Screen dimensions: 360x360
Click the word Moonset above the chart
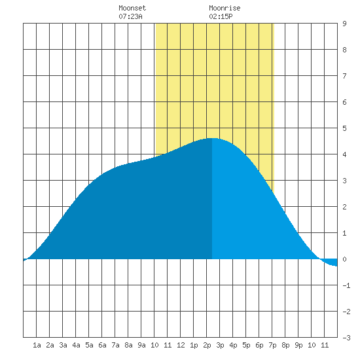132,8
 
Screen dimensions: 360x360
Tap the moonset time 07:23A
130,16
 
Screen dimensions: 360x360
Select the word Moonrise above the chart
225,8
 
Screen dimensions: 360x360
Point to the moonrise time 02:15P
221,16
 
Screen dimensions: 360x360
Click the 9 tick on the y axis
344,24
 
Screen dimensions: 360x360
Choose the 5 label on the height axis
344,128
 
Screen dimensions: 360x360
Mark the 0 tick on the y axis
344,259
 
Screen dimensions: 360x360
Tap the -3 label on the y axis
346,338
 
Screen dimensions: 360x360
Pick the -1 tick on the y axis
346,285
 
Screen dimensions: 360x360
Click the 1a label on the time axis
37,345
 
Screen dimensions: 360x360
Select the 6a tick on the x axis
102,345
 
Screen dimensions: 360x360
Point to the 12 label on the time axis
181,345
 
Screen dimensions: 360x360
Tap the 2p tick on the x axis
207,345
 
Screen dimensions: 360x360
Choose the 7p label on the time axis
272,345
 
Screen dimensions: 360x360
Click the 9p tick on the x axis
298,345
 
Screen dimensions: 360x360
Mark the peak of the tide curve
212,138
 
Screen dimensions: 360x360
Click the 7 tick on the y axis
344,76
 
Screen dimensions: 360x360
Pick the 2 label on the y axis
344,207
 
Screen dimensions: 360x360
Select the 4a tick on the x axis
76,345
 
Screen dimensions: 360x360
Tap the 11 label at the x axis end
325,345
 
